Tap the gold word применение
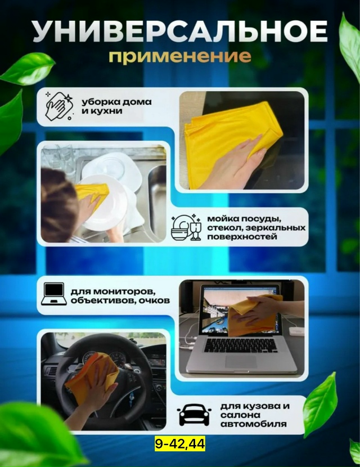coord(179,57)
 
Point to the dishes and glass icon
coord(186,227)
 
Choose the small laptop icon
coord(54,294)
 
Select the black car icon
coord(194,415)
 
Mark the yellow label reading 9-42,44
coord(179,444)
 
